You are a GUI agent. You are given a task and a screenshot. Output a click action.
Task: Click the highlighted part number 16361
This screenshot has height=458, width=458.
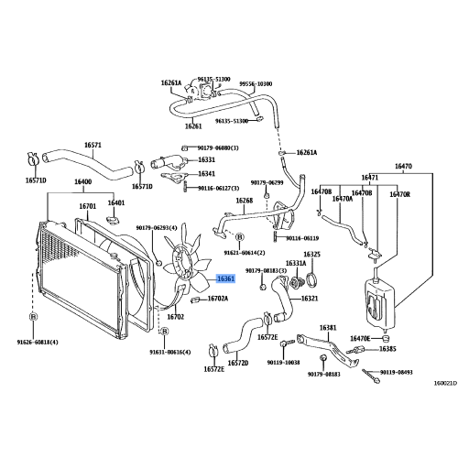225,279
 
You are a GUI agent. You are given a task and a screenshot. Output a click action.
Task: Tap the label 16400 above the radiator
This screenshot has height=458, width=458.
83,183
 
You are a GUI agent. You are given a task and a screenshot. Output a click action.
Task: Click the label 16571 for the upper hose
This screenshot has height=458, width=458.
93,145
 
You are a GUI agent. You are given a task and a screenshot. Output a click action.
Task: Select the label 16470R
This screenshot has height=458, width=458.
400,194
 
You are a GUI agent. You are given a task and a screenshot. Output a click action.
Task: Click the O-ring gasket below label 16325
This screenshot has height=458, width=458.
312,278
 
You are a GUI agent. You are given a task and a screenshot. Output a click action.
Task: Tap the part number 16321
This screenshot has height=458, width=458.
310,299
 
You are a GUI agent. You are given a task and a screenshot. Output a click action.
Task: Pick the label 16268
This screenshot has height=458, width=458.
244,201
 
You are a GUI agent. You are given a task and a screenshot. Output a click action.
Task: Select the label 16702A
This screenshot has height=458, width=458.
218,299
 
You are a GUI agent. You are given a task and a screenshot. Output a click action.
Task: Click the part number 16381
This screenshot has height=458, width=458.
328,327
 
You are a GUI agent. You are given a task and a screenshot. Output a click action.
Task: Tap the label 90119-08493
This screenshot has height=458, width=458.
397,373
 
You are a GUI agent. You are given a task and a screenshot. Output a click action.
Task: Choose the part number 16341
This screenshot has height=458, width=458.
207,173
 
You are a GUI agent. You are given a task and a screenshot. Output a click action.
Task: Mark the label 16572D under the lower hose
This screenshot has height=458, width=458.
238,363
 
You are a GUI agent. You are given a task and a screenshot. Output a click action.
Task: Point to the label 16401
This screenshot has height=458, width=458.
116,202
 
